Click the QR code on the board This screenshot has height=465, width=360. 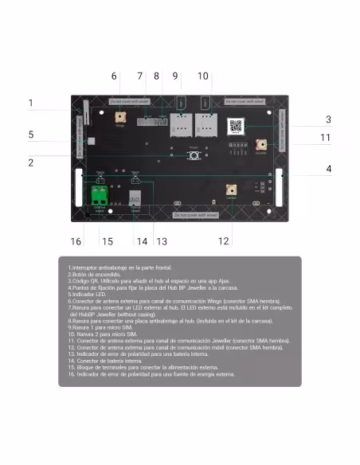click(237, 125)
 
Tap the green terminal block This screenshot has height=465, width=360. click(100, 195)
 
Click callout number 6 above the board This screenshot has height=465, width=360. click(115, 76)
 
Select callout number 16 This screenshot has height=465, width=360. click(76, 241)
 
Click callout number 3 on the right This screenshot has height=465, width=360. click(327, 119)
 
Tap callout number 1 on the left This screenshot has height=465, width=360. click(30, 103)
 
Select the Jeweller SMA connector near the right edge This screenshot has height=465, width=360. click(261, 144)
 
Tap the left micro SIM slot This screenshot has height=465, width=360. click(179, 124)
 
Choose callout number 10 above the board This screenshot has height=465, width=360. click(204, 76)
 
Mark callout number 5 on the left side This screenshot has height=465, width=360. click(30, 135)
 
